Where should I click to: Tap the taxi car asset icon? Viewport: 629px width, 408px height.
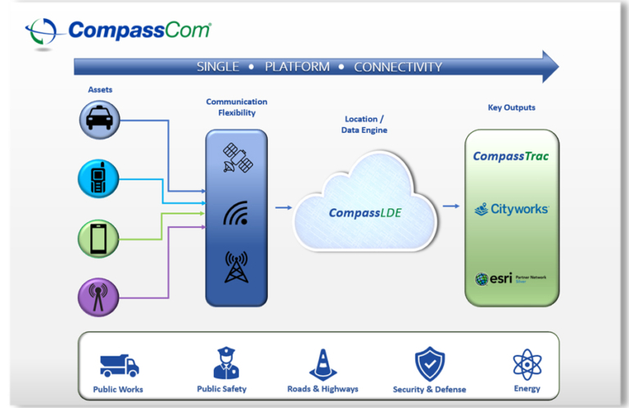[99, 120]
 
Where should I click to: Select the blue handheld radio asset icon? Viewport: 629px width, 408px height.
[99, 179]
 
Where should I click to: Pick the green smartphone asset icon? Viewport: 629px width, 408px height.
[99, 238]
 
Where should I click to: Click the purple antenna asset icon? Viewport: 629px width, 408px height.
[99, 297]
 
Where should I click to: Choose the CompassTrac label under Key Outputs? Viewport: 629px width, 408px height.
[510, 156]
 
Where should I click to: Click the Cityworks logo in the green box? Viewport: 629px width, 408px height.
[511, 210]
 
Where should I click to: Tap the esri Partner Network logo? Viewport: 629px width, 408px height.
[510, 279]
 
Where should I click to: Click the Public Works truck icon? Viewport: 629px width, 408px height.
[120, 365]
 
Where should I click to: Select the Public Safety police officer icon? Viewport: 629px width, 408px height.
[226, 364]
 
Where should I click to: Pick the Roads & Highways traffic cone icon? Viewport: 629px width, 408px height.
[323, 365]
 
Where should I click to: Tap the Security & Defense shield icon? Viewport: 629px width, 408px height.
[429, 364]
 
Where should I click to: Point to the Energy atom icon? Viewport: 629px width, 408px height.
[527, 364]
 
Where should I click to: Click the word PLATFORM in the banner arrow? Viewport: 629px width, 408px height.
[296, 67]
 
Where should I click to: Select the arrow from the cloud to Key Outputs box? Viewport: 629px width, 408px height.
[450, 207]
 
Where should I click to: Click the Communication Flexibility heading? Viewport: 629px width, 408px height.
[236, 107]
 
